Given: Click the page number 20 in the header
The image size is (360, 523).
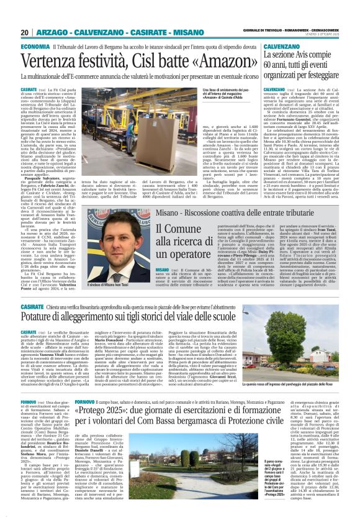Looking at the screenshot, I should tap(24, 32).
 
